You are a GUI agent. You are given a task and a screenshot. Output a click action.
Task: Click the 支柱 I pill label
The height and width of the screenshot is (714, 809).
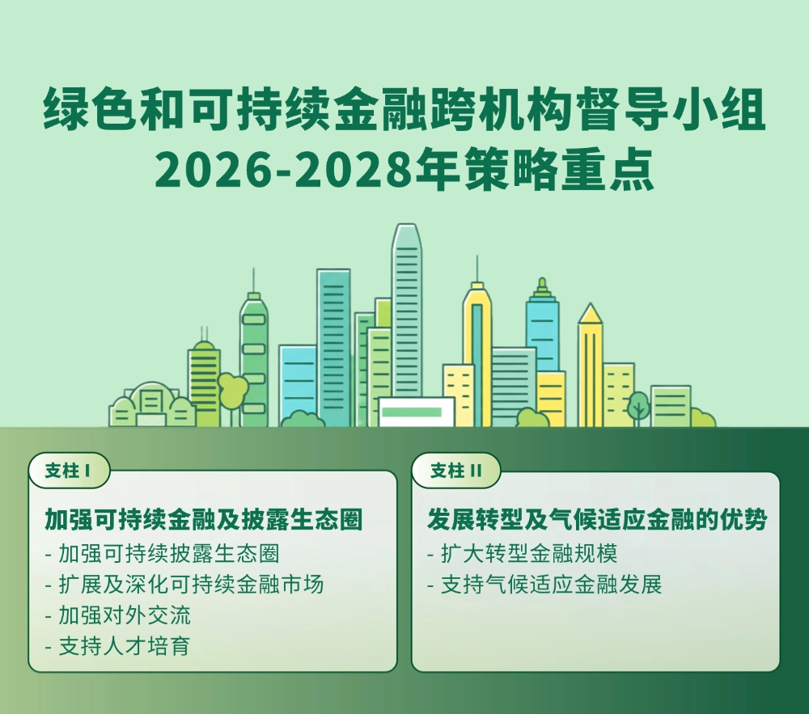[68, 471]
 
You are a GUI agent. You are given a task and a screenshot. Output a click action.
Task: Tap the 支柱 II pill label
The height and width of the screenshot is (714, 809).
[455, 471]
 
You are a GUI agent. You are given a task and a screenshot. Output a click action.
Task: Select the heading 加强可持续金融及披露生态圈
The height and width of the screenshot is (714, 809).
[203, 519]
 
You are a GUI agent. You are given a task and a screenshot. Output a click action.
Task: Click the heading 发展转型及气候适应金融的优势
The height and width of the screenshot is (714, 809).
[597, 519]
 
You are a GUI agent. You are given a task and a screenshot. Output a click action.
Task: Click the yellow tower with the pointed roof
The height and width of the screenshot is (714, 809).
[590, 364]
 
